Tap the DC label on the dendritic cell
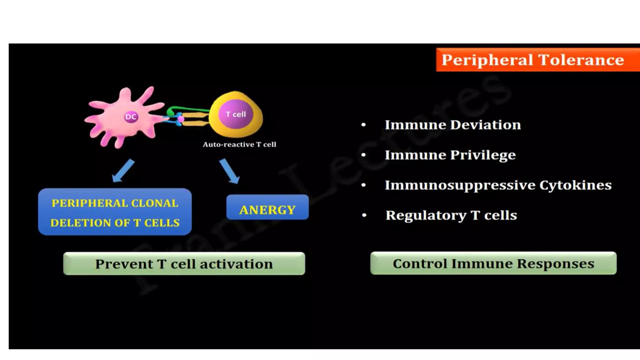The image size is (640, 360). click(131, 117)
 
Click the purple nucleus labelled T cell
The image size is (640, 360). click(236, 114)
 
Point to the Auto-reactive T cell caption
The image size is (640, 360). click(239, 144)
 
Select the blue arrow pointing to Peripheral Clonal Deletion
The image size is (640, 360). click(123, 171)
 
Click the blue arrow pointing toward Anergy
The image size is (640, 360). click(229, 171)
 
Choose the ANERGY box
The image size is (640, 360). click(267, 207)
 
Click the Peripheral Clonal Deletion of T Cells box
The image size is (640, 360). click(115, 212)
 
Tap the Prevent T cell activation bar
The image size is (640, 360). click(184, 264)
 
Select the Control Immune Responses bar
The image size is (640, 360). click(493, 263)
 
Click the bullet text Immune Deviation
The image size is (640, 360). click(453, 125)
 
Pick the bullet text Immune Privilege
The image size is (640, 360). click(450, 155)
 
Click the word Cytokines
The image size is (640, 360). click(576, 185)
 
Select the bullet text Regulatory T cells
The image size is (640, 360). click(451, 215)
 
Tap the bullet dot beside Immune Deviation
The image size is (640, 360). click(363, 125)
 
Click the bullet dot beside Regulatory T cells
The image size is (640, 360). click(364, 215)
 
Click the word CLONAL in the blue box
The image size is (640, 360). click(155, 203)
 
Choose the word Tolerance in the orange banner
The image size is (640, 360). click(581, 60)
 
